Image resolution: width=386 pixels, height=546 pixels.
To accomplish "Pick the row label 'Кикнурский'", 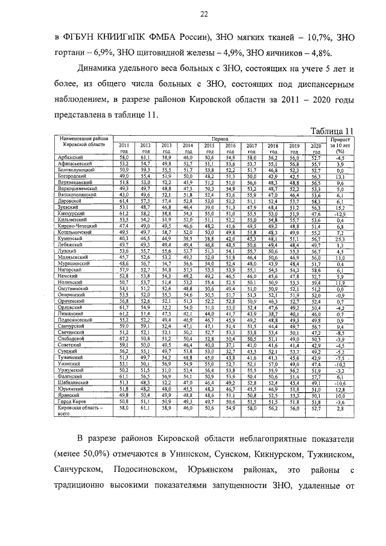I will [x=72, y=214].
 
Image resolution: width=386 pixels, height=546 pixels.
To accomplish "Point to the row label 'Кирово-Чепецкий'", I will [x=77, y=226].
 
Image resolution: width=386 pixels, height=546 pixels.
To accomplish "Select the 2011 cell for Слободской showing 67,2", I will [x=124, y=339].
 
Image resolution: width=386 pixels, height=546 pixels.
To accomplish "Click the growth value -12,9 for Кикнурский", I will [x=340, y=214].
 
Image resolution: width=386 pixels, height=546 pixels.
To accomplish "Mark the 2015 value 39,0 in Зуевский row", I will [x=209, y=208].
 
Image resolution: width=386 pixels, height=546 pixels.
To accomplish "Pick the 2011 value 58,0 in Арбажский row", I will [x=124, y=157].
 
